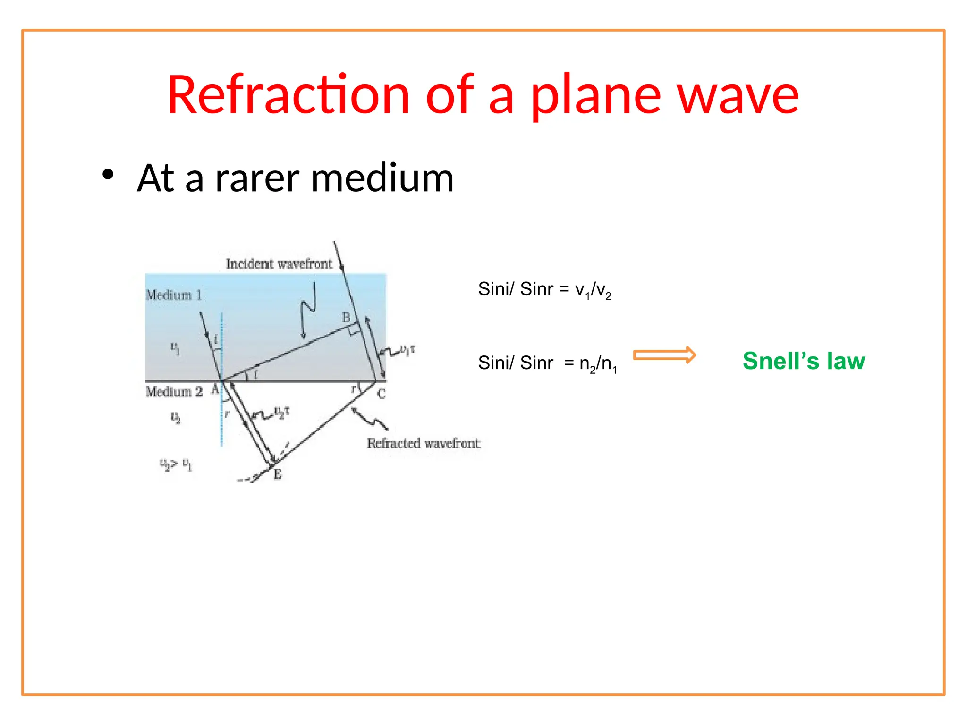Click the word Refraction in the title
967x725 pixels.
tap(288, 95)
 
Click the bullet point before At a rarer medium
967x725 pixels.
tap(108, 175)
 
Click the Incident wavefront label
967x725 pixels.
tap(279, 264)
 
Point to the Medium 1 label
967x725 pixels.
tap(174, 295)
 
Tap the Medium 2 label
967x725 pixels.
tap(174, 392)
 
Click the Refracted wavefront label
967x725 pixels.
tap(424, 444)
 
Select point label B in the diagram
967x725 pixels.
tap(346, 318)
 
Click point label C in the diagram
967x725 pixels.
tap(382, 394)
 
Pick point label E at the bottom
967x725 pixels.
tap(278, 474)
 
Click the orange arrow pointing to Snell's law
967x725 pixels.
tap(664, 355)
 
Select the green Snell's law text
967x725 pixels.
tap(804, 361)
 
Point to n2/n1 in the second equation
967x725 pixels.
tap(598, 364)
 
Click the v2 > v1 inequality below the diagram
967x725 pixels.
tap(176, 464)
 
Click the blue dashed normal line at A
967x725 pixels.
tap(221, 415)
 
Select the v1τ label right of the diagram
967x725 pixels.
tap(407, 350)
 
